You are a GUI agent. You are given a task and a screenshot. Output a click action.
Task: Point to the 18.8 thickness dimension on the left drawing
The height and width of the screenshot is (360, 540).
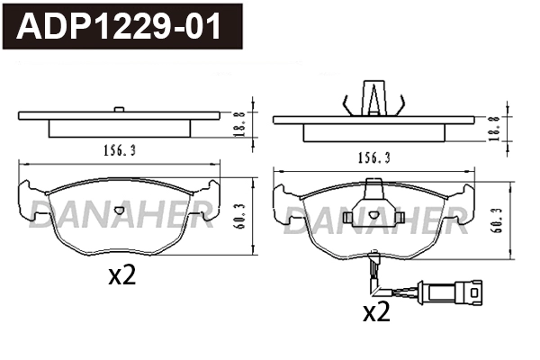238,121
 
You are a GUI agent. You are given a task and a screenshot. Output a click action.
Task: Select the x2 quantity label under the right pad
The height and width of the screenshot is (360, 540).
375,312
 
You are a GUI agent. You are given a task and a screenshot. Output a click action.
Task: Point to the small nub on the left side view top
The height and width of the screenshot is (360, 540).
119,110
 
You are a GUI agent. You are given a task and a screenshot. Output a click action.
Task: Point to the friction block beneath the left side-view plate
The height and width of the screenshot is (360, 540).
119,128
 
